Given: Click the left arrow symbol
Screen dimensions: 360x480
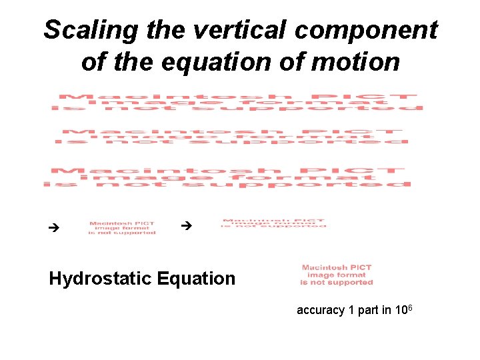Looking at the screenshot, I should [x=55, y=228].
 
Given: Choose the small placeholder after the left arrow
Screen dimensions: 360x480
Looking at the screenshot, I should [x=123, y=228].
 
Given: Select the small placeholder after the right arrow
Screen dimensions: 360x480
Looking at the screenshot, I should [x=274, y=223].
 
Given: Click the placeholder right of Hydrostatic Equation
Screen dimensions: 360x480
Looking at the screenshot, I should [x=337, y=275].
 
